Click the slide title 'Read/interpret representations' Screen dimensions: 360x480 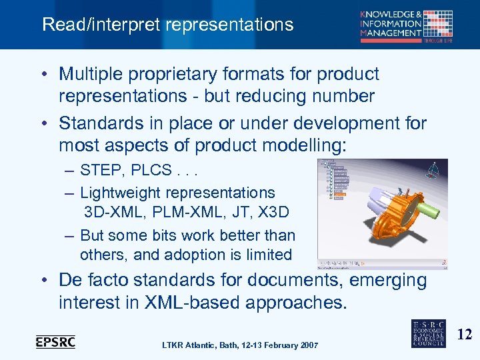167,25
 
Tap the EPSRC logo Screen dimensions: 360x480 55,342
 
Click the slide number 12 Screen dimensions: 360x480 465,334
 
